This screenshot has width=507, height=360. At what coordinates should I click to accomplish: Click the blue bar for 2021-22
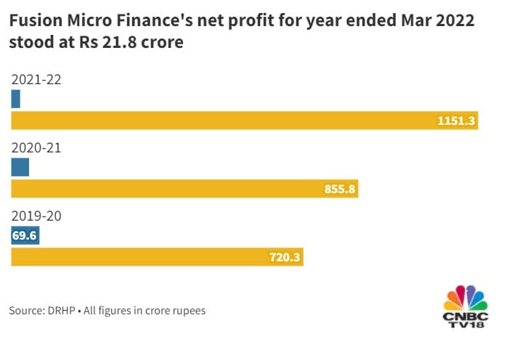(15, 99)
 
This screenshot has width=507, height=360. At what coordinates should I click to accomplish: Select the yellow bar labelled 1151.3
(244, 120)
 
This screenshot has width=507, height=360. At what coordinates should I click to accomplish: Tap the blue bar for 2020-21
(20, 167)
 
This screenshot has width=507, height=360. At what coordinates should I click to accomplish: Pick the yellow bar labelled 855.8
(185, 189)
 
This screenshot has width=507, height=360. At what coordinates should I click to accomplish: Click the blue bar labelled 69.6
(25, 236)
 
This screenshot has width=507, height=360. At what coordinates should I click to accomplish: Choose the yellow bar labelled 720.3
(157, 257)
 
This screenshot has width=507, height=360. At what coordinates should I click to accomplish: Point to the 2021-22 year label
(36, 80)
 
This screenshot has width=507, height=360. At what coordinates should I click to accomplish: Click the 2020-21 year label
(36, 148)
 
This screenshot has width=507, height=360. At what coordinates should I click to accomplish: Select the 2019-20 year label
(36, 216)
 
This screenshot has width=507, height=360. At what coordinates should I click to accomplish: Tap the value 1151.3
(456, 121)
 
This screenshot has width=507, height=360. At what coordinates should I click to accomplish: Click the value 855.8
(339, 189)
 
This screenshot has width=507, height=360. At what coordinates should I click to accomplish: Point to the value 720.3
(283, 258)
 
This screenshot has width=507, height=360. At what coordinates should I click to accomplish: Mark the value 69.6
(25, 236)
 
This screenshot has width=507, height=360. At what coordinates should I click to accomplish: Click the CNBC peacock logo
(466, 299)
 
